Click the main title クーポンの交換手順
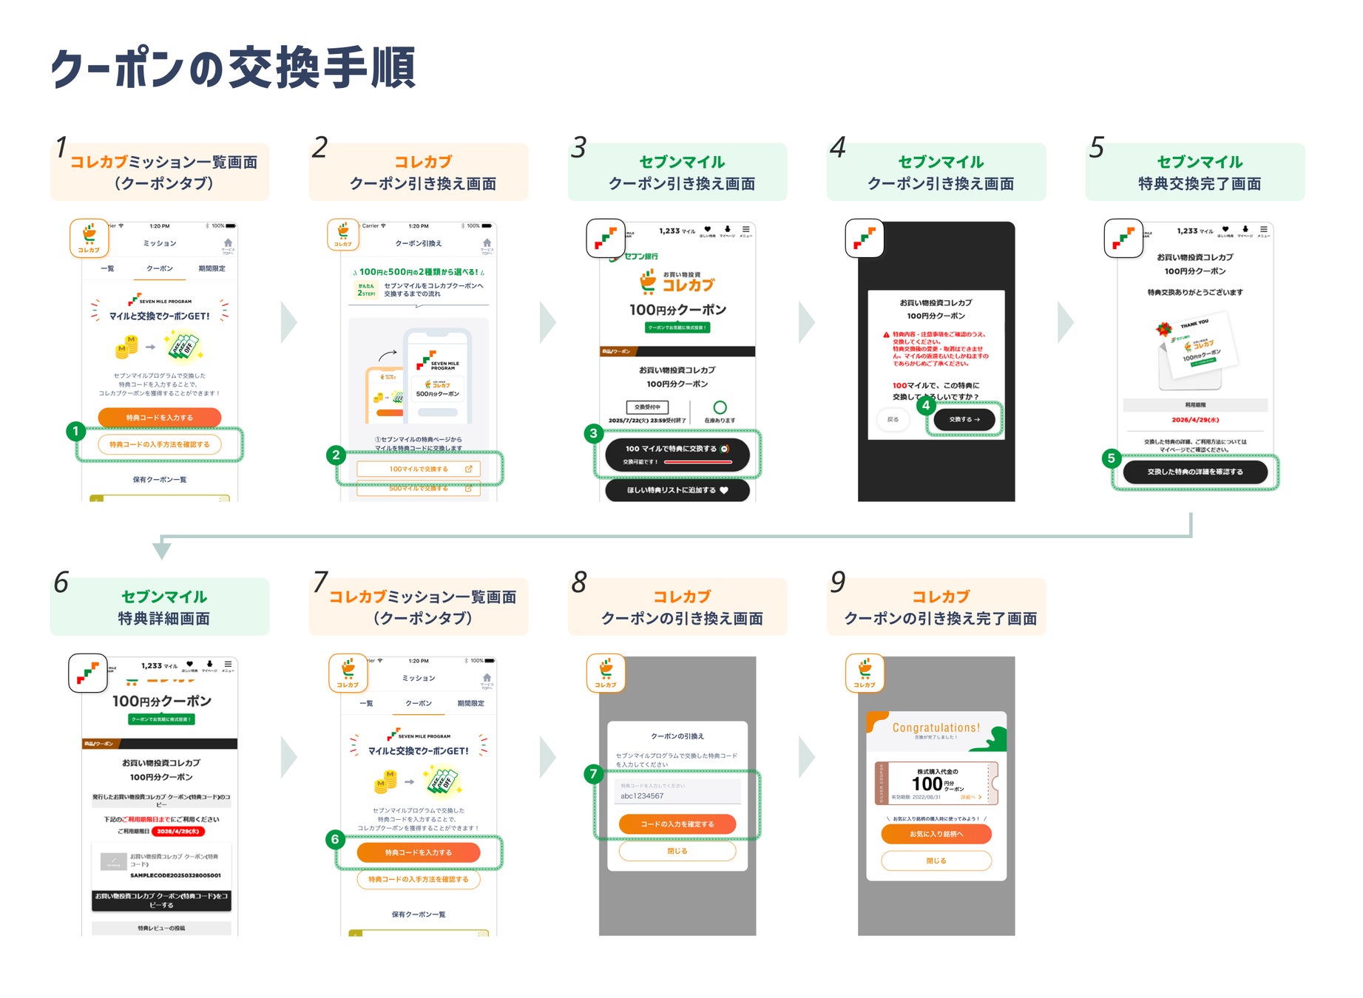(233, 68)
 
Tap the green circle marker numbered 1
(75, 431)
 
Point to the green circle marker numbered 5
(1111, 458)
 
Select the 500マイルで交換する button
(419, 489)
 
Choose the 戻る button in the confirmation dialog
(893, 419)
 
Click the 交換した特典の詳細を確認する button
(1195, 472)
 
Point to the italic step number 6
(61, 583)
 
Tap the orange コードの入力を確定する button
(677, 824)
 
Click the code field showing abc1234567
(677, 795)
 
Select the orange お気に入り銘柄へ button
(936, 834)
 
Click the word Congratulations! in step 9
(936, 727)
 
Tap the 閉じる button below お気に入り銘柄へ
(936, 860)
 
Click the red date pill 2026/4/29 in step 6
(178, 831)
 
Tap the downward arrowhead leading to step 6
(162, 551)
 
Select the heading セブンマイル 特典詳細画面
(163, 607)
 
